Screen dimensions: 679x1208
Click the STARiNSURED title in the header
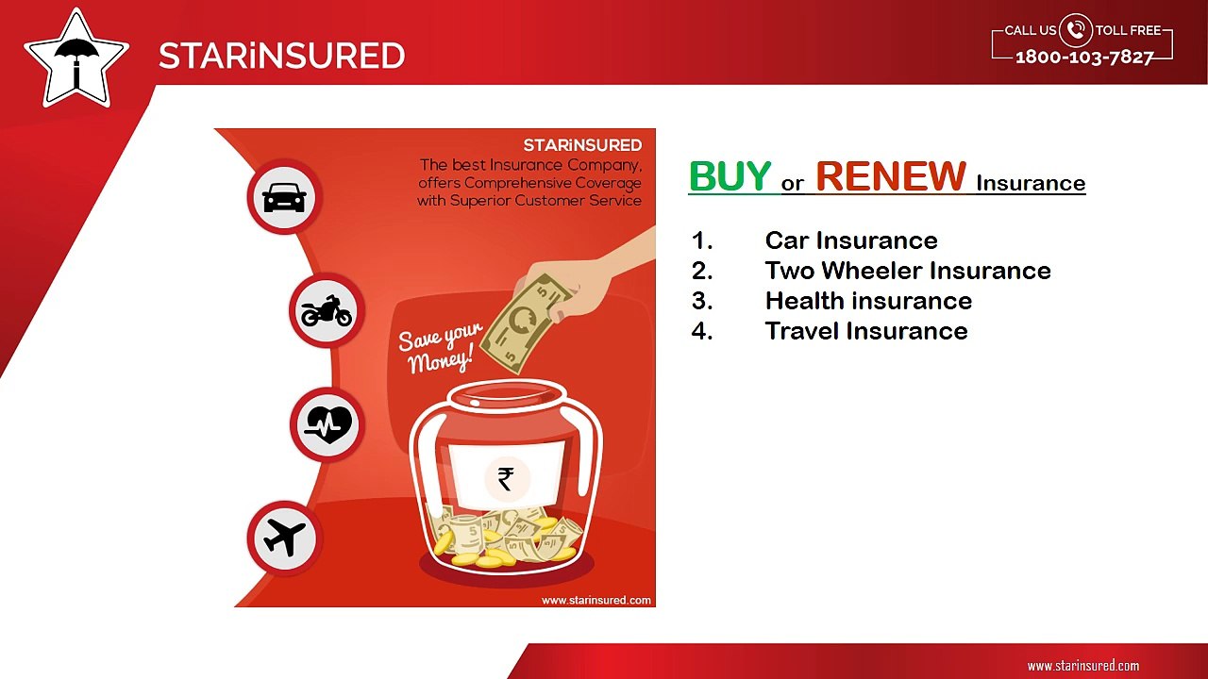(281, 56)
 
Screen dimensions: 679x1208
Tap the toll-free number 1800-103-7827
(1084, 58)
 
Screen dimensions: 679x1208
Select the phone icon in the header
(1075, 30)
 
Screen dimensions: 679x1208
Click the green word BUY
(730, 176)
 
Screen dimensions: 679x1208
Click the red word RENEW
(890, 176)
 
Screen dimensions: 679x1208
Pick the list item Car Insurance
(850, 240)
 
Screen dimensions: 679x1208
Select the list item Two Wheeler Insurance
(907, 271)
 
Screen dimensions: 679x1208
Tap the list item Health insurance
(867, 301)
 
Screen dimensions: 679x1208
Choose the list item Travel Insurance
(865, 331)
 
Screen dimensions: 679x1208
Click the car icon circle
(284, 197)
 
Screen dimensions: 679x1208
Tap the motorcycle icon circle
(326, 310)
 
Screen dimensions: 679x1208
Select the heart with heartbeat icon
(327, 424)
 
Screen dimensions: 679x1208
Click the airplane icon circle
(284, 538)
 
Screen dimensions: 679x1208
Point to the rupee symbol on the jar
(506, 479)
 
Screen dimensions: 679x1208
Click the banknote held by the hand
(519, 325)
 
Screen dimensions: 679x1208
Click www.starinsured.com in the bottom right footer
(1082, 665)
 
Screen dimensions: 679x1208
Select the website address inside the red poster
(596, 600)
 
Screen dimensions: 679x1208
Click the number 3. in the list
(701, 301)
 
